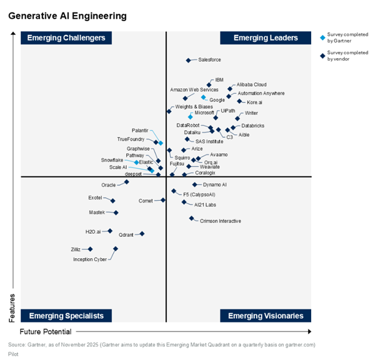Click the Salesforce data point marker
point(188,60)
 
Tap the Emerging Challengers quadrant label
point(67,38)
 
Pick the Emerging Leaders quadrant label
point(265,38)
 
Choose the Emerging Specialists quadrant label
point(67,316)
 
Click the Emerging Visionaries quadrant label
point(265,316)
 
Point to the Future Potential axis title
point(46,331)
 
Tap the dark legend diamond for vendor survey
point(322,55)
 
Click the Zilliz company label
point(76,249)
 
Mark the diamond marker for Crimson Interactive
point(192,219)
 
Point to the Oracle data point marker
point(127,182)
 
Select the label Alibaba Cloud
point(252,84)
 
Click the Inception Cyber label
point(90,259)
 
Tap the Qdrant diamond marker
point(142,234)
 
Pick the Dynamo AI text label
point(214,184)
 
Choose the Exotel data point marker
point(113,201)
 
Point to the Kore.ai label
point(254,102)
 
